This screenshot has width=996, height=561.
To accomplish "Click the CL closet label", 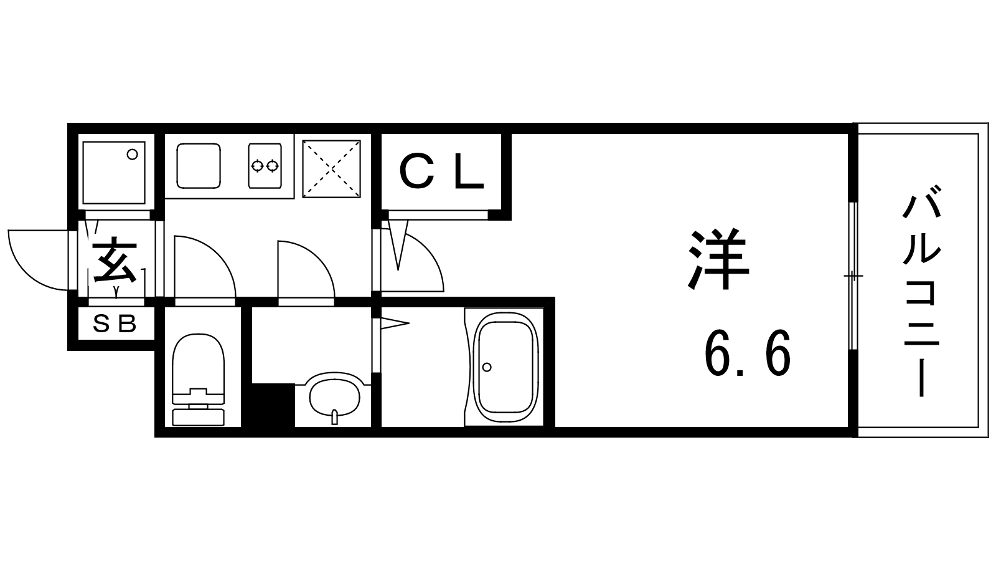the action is (x=441, y=171).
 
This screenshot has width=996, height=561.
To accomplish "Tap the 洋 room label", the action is (x=719, y=259).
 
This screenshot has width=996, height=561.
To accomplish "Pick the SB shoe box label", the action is (x=115, y=324).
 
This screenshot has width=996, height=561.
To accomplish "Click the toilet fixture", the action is (x=199, y=380).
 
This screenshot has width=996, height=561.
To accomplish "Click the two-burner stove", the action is (x=265, y=165).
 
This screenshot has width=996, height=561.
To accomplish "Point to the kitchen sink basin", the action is (x=199, y=166).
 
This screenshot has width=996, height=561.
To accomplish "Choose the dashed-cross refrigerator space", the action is (x=331, y=169).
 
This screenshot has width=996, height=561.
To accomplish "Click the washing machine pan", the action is (x=115, y=173).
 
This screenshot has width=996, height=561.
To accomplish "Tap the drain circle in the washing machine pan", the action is (x=132, y=155).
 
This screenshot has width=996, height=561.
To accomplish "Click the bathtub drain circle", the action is (x=487, y=367).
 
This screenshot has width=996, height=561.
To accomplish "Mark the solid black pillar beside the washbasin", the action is (x=273, y=405).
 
